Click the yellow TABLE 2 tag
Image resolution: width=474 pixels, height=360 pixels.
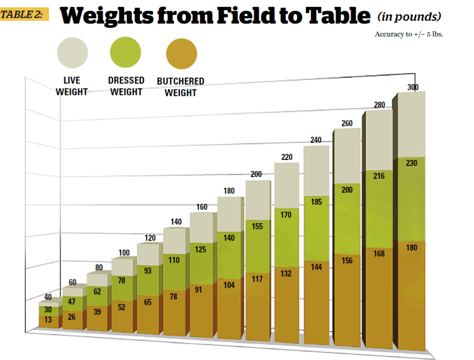coord(25,14)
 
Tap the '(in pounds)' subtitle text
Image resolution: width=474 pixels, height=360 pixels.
coord(409,17)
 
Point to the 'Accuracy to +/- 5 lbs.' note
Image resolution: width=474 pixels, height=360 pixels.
coord(409,34)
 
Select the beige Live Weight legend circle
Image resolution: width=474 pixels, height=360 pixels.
coord(72,53)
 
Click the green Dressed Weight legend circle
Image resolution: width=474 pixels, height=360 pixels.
coord(125,53)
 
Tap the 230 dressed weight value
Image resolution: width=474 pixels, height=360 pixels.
coord(411,163)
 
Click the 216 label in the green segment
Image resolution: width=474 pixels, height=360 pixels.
coord(379,176)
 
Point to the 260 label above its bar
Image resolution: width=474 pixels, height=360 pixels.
coord(347,123)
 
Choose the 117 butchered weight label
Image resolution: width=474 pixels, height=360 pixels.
coord(257,279)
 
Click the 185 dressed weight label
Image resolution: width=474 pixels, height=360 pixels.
coord(317,202)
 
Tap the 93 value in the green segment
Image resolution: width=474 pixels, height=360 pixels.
coord(148,271)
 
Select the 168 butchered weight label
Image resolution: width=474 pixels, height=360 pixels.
coord(379,253)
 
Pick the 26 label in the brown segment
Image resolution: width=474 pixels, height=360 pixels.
coord(72,317)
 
